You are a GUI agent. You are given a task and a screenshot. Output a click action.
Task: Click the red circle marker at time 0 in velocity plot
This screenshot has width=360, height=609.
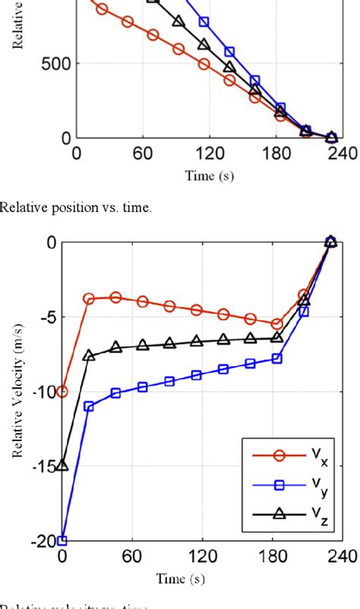[62, 392]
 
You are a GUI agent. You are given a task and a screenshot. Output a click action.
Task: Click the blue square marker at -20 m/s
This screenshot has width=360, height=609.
[62, 541]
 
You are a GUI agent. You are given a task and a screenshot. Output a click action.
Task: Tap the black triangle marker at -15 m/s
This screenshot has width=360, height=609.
[62, 465]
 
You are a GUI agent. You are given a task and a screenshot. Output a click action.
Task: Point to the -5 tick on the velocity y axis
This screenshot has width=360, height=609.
[45, 317]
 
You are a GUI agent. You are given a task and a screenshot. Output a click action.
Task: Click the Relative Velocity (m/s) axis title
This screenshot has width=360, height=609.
[16, 392]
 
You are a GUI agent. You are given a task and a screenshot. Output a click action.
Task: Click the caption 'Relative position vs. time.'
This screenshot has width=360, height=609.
[76, 208]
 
